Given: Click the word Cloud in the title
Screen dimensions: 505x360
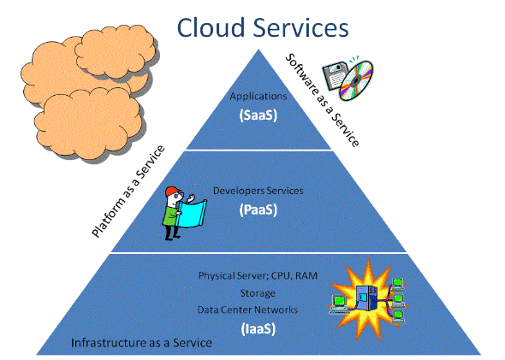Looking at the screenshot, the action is [x=211, y=27].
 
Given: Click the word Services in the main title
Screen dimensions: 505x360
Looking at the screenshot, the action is [x=300, y=27].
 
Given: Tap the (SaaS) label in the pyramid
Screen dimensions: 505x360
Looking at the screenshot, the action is [x=258, y=115].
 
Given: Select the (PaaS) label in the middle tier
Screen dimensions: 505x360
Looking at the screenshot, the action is [x=258, y=210].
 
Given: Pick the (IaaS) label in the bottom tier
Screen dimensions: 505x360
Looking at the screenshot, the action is [x=258, y=329].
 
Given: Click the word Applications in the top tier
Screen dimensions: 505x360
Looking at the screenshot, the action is [x=258, y=96].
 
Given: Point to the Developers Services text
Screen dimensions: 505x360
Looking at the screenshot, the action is [x=258, y=191].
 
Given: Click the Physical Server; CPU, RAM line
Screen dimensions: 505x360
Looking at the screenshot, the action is [x=258, y=275].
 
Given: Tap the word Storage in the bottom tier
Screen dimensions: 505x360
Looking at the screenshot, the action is [x=258, y=293].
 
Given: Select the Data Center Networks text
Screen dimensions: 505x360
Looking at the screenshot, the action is [x=247, y=310].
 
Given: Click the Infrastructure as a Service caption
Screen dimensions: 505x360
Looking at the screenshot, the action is [x=141, y=343].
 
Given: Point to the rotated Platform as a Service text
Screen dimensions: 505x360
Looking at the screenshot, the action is [x=128, y=192].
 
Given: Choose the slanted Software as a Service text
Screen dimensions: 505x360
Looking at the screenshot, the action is [x=323, y=100].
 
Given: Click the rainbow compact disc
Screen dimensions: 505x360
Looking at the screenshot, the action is [x=356, y=80].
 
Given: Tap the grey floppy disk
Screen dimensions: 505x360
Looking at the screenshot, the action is [x=335, y=75].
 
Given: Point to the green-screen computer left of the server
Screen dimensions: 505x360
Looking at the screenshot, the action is [x=338, y=304].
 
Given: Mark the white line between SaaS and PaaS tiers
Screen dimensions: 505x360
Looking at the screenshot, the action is [x=258, y=150].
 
